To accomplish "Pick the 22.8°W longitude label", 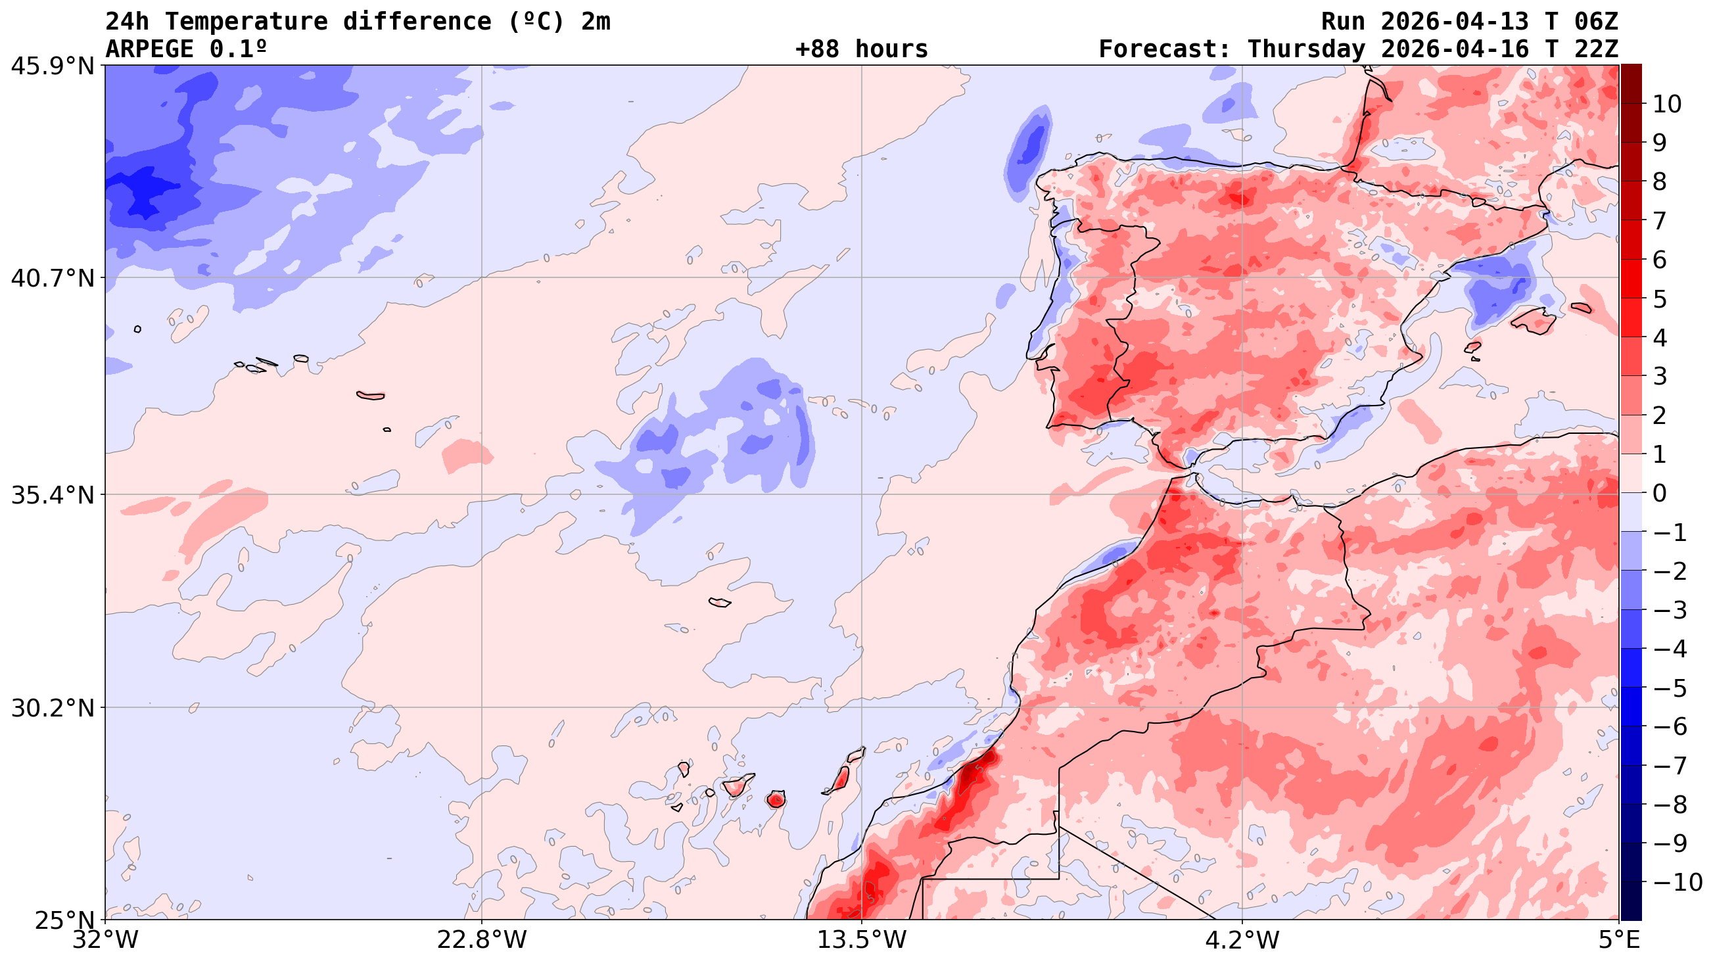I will coord(481,941).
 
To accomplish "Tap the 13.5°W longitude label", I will coord(862,941).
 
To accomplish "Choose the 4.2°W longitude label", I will coord(1242,941).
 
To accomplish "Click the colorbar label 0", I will coord(1660,494).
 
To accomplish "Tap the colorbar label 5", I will coord(1660,299).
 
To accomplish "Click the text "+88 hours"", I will coord(861,49).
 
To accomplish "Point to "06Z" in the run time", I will coord(1595,22).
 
